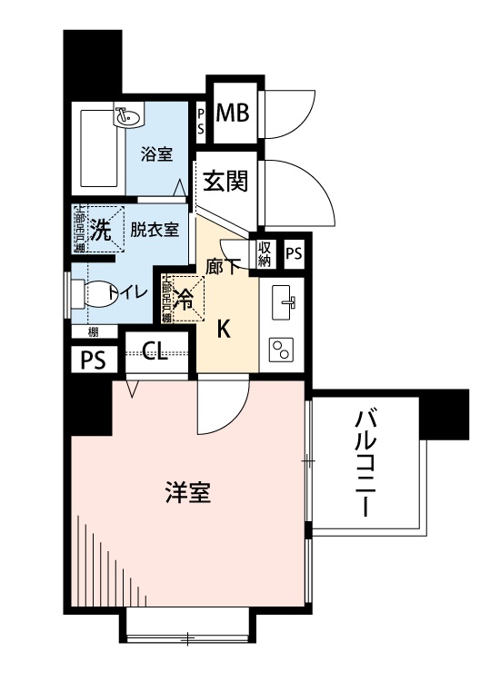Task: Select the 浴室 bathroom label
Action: point(156,153)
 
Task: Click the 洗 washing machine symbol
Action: point(100,230)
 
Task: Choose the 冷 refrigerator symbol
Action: point(184,299)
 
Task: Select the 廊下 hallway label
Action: point(223,267)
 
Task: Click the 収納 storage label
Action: point(264,254)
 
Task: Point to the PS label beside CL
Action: point(93,360)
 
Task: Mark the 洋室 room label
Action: point(188,493)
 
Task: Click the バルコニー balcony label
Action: point(366,463)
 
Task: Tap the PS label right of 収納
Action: point(293,254)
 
